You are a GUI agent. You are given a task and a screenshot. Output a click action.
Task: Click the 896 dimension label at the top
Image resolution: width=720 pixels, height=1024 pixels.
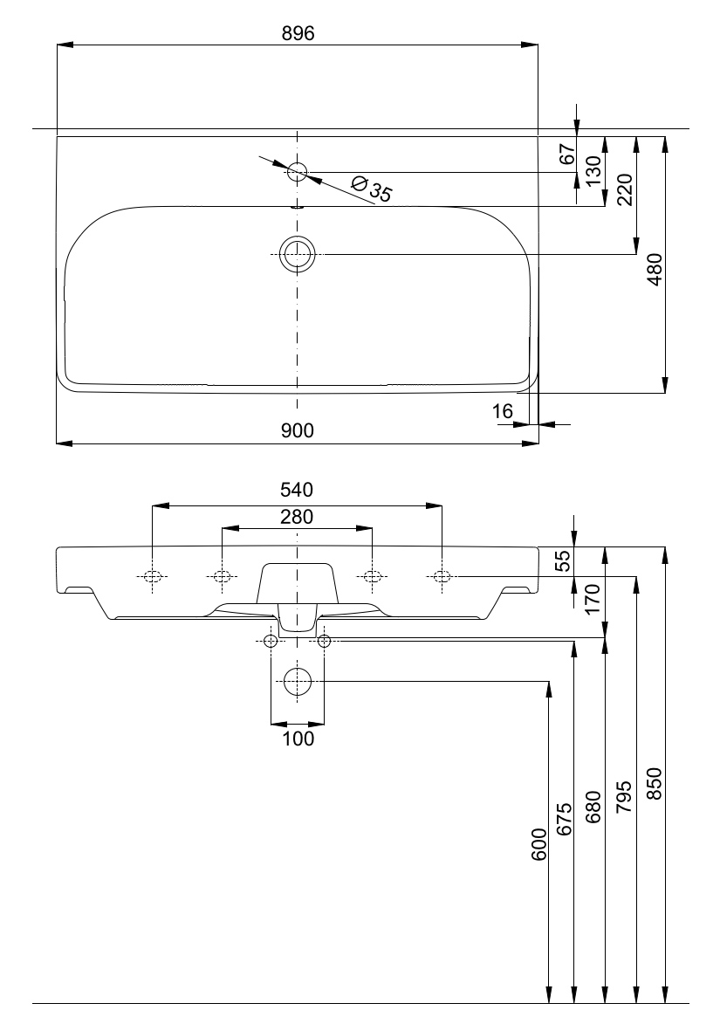click(x=298, y=33)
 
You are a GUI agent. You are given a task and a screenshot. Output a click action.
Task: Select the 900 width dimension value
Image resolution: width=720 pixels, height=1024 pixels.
click(x=298, y=430)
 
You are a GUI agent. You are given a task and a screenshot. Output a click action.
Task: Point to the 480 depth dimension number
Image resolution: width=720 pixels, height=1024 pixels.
click(x=656, y=269)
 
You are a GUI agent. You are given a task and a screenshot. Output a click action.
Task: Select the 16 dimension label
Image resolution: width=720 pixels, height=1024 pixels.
click(x=503, y=412)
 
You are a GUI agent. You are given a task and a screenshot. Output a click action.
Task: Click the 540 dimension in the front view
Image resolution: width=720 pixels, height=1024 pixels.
click(x=297, y=489)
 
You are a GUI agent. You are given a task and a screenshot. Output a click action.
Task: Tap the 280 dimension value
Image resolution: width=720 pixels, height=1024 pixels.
click(x=297, y=517)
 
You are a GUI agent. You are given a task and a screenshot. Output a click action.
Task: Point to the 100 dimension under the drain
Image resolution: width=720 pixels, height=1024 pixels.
click(x=298, y=739)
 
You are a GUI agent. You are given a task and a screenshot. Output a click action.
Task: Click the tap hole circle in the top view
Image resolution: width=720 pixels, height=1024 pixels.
click(x=298, y=171)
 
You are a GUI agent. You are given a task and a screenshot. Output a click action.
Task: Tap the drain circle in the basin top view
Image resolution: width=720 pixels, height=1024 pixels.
click(x=298, y=254)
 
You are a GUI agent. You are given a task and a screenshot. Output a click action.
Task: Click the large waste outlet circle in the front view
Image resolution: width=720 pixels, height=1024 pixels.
click(x=298, y=681)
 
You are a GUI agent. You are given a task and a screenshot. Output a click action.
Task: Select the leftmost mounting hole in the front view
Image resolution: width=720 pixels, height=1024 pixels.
click(x=153, y=576)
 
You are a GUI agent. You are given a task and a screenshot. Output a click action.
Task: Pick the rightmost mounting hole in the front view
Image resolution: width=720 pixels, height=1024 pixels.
click(x=442, y=576)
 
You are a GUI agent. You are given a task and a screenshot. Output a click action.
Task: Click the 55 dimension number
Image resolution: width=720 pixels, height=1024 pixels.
click(x=563, y=560)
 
